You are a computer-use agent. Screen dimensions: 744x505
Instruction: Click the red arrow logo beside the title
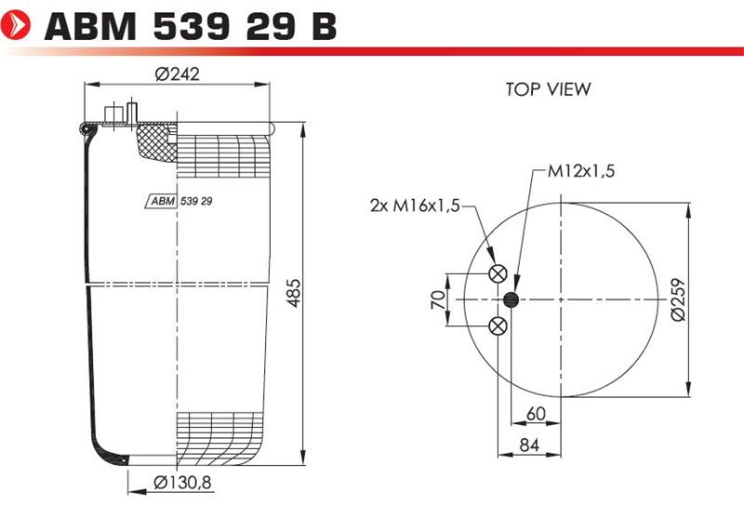(x=16, y=25)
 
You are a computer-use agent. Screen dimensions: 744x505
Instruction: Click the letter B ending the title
(x=325, y=26)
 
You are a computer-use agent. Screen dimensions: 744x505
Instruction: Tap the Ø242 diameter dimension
(x=178, y=74)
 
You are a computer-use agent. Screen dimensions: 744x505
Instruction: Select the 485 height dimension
(x=294, y=293)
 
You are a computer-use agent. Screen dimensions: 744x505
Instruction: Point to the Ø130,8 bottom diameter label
(x=182, y=483)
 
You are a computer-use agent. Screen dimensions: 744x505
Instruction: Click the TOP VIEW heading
(x=548, y=89)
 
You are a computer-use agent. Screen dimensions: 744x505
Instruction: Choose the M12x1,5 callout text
(x=581, y=171)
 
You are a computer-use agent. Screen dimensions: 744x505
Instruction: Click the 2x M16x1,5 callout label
(x=415, y=206)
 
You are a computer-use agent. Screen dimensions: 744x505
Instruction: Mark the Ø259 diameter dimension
(x=679, y=300)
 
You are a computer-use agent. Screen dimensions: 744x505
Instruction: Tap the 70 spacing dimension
(x=438, y=300)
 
